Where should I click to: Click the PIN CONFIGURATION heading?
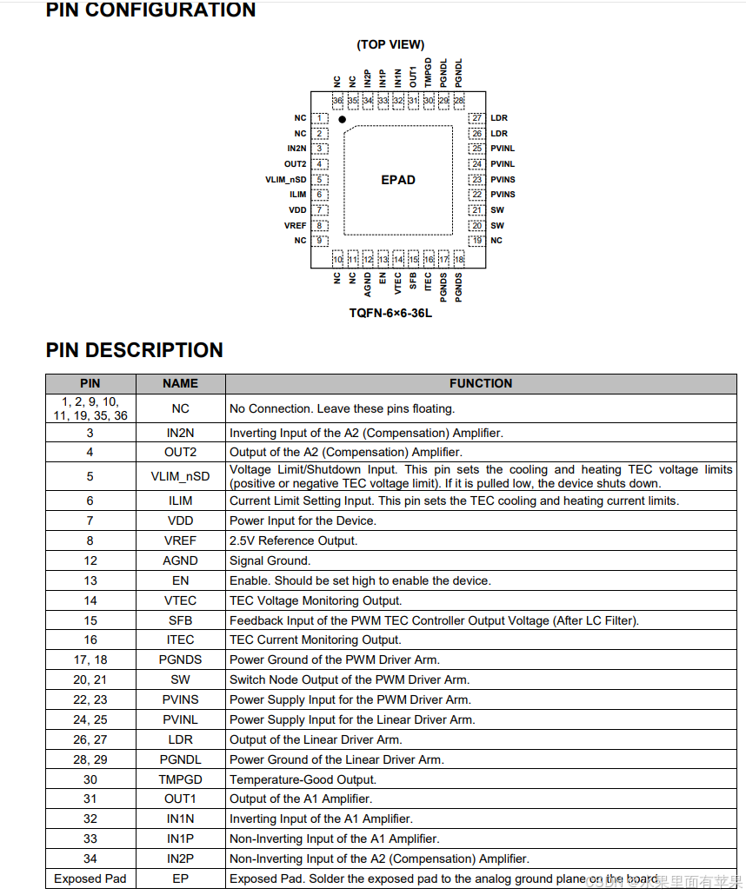coord(150,10)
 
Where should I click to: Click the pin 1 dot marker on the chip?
coord(343,119)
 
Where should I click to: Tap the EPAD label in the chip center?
coord(398,180)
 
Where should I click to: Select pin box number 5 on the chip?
coord(320,180)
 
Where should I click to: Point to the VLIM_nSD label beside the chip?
coord(286,180)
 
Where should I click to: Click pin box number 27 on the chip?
coord(476,118)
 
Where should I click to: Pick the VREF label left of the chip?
coord(295,226)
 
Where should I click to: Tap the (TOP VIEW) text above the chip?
coord(390,44)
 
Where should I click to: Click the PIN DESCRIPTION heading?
coord(134,350)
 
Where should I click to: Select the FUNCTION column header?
coord(481,383)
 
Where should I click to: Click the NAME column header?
coord(180,383)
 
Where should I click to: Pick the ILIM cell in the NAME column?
coord(180,501)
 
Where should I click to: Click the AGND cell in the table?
coord(180,560)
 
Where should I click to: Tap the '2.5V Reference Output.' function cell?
coord(293,540)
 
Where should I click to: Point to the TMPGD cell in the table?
coord(180,779)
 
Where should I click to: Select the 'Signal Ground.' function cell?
coord(270,560)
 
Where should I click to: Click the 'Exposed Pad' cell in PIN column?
coord(90,878)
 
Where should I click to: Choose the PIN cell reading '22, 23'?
coord(90,699)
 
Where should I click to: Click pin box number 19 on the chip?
coord(476,241)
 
